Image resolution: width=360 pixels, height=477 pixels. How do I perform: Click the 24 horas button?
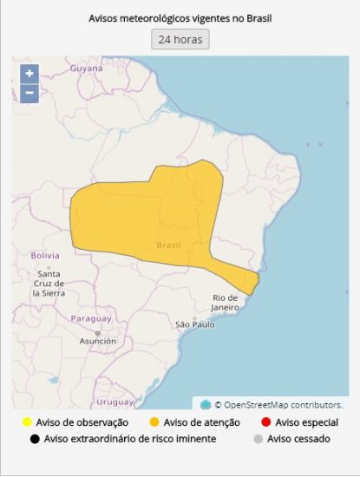click(x=180, y=39)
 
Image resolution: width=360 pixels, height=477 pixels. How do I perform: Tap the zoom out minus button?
click(x=29, y=93)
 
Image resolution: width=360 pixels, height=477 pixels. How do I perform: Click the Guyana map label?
click(x=86, y=68)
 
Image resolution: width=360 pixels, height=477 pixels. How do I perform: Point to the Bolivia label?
click(x=44, y=256)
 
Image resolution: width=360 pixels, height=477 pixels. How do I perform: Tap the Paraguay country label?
click(x=91, y=318)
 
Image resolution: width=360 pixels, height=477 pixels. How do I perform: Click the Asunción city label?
click(x=97, y=341)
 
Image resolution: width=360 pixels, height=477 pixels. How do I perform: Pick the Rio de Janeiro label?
click(x=225, y=303)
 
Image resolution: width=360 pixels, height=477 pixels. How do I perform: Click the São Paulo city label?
click(x=195, y=324)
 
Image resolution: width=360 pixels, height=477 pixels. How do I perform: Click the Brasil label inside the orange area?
click(x=168, y=245)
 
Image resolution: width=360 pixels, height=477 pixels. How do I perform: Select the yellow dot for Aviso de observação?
click(x=28, y=422)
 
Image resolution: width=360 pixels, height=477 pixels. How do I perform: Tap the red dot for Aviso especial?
click(x=265, y=422)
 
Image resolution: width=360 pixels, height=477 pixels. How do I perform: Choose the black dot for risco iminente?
click(x=35, y=439)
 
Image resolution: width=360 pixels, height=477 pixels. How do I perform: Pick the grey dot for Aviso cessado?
click(x=257, y=439)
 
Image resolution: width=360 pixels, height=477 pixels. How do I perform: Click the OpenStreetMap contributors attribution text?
click(x=278, y=404)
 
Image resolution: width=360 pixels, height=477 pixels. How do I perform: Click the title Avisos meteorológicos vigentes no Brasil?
click(x=180, y=17)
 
